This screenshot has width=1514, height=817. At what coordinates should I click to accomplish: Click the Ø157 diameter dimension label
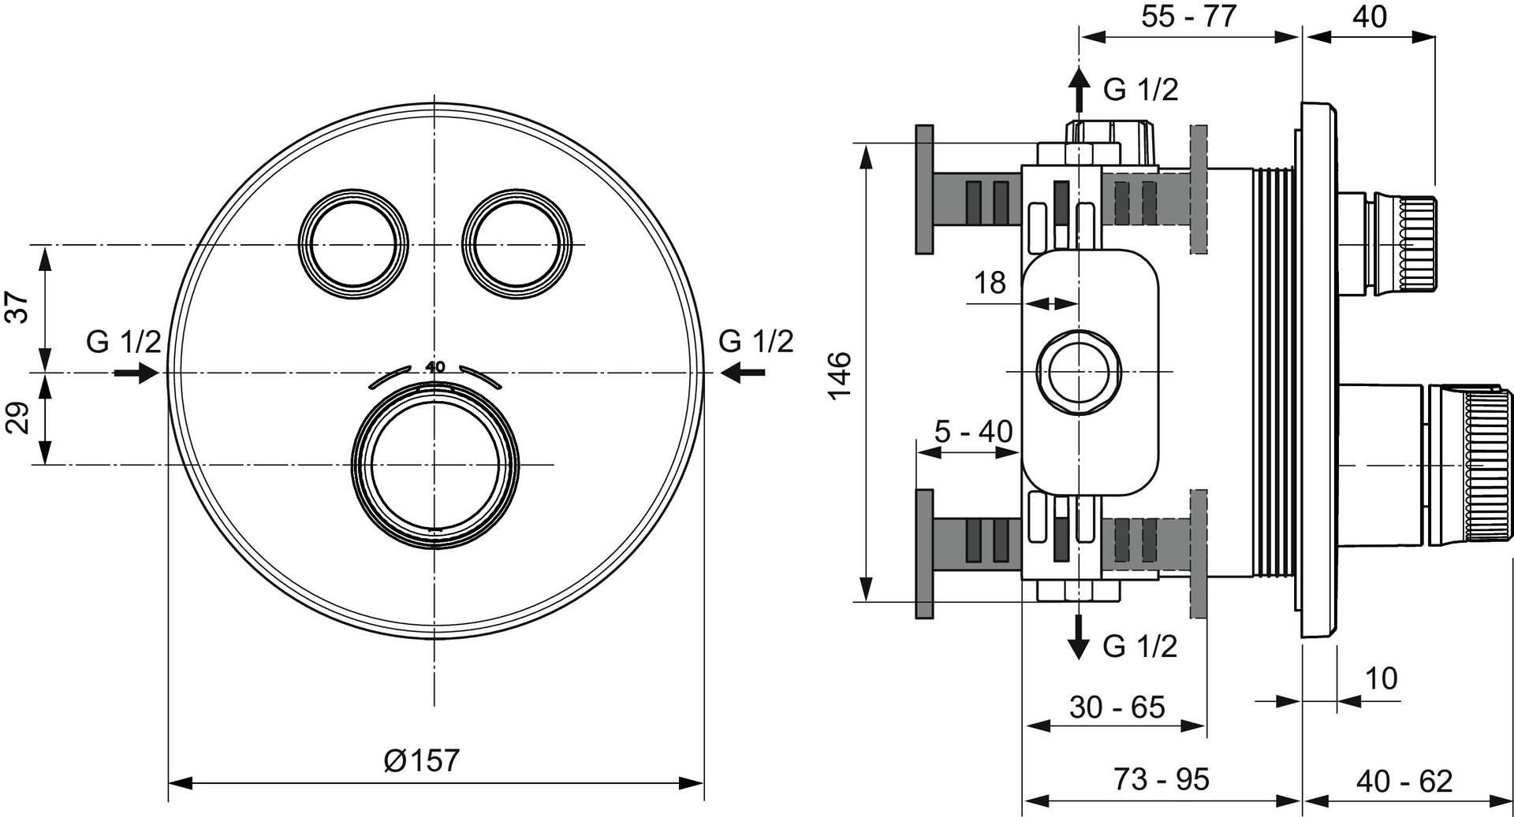(x=421, y=760)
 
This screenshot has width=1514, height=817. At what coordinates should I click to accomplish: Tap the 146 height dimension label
(x=841, y=375)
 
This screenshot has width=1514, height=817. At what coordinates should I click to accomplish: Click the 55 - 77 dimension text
(x=1189, y=16)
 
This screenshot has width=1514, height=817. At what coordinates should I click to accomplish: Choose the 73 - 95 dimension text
(x=1162, y=779)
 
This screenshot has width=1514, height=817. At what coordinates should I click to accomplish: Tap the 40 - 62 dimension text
(x=1404, y=781)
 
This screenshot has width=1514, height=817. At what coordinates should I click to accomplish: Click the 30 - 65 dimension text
(x=1117, y=707)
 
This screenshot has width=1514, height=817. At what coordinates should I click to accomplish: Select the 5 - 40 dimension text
(x=973, y=431)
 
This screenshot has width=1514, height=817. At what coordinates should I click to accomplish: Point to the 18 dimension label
(x=990, y=282)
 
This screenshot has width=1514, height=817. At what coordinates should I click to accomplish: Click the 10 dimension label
(x=1380, y=678)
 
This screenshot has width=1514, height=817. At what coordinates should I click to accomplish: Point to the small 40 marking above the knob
(x=435, y=366)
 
